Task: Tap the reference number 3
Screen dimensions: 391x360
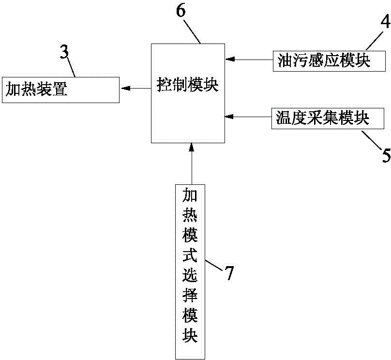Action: (64, 52)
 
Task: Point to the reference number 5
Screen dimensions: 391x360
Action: (386, 155)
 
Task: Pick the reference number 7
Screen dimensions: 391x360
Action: (229, 273)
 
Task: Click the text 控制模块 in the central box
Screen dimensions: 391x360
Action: (188, 85)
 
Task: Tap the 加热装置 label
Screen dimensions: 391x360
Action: (36, 89)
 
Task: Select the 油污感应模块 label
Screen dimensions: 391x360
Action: (324, 60)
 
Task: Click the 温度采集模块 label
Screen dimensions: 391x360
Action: (322, 118)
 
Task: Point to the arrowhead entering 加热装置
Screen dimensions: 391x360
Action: (125, 88)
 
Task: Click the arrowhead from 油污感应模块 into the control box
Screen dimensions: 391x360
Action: (230, 60)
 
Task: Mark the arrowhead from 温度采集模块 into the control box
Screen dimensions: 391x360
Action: (229, 117)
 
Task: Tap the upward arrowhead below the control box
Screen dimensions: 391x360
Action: (192, 147)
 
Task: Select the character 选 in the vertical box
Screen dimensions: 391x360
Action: (190, 275)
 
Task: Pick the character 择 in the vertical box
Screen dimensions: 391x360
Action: (190, 295)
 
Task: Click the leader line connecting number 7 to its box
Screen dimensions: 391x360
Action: (214, 265)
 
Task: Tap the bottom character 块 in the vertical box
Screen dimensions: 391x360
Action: (190, 335)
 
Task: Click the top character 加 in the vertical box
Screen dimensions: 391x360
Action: (190, 195)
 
